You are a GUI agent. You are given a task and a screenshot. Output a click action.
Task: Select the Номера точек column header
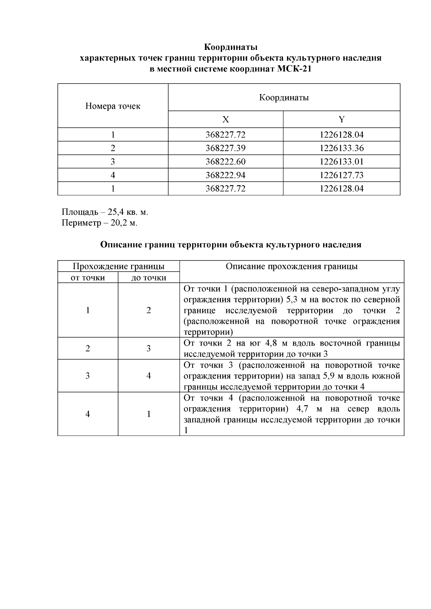pyautogui.click(x=113, y=106)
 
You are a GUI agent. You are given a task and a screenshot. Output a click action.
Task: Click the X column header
pyautogui.click(x=225, y=120)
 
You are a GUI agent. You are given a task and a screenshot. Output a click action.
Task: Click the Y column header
pyautogui.click(x=341, y=120)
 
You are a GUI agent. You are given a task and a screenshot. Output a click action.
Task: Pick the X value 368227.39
pyautogui.click(x=225, y=148)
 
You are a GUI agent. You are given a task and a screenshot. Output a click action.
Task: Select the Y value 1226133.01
pyautogui.click(x=341, y=161)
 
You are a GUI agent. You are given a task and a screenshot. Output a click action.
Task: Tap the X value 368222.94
pyautogui.click(x=225, y=175)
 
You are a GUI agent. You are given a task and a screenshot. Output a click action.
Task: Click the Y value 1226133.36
pyautogui.click(x=341, y=148)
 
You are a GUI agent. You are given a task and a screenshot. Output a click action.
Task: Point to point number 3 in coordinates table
pyautogui.click(x=113, y=161)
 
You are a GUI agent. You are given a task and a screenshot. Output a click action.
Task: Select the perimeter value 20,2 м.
pyautogui.click(x=124, y=223)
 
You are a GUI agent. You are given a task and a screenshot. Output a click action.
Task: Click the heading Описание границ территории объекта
pyautogui.click(x=231, y=245)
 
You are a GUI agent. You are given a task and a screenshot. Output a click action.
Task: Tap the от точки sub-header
pyautogui.click(x=88, y=277)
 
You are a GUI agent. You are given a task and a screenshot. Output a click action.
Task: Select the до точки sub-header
pyautogui.click(x=149, y=277)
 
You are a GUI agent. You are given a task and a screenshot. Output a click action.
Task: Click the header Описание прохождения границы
pyautogui.click(x=291, y=266)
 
